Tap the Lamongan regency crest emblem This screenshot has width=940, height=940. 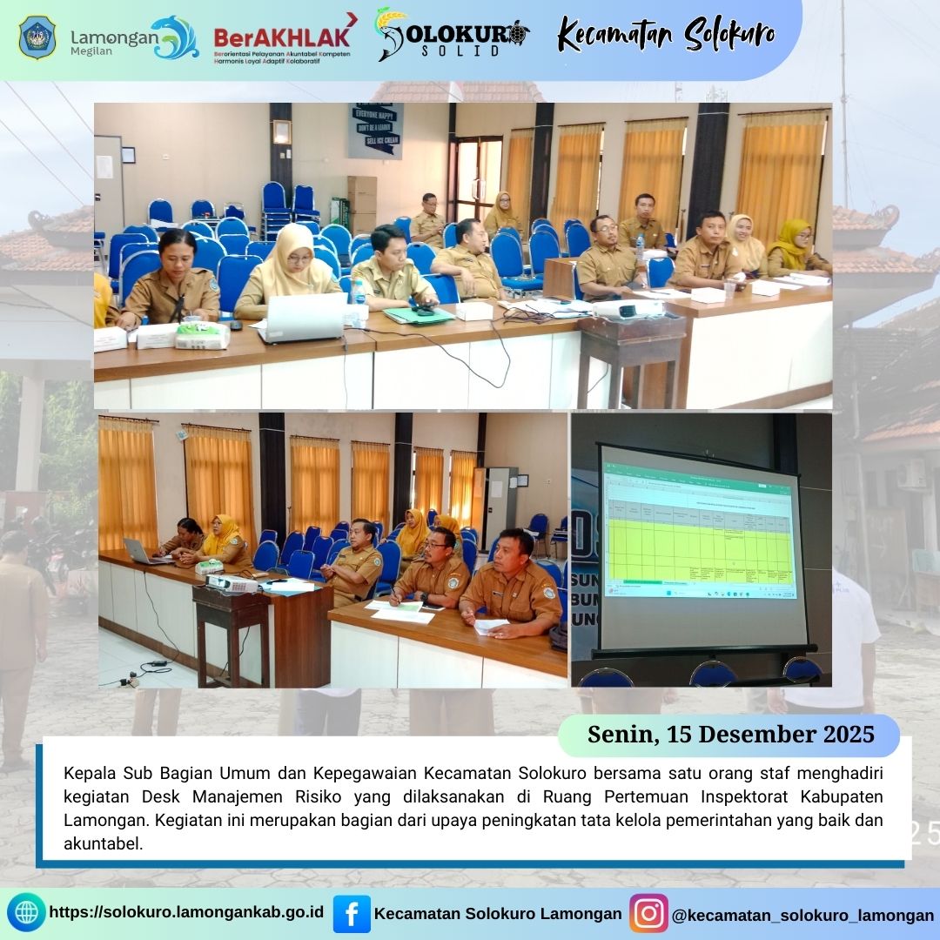tap(37, 37)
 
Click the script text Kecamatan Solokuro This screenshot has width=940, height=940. tap(666, 36)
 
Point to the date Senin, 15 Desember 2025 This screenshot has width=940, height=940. tap(730, 735)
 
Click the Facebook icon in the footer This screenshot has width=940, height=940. tap(352, 914)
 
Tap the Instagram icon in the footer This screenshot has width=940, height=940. tap(648, 914)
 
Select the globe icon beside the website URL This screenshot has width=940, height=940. tap(27, 913)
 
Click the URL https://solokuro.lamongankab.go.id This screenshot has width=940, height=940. tap(186, 913)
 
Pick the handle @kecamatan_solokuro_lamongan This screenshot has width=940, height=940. tap(802, 915)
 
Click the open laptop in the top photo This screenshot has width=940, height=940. tap(304, 317)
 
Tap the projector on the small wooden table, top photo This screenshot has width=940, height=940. tap(628, 308)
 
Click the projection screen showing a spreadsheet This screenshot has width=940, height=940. tap(699, 546)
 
